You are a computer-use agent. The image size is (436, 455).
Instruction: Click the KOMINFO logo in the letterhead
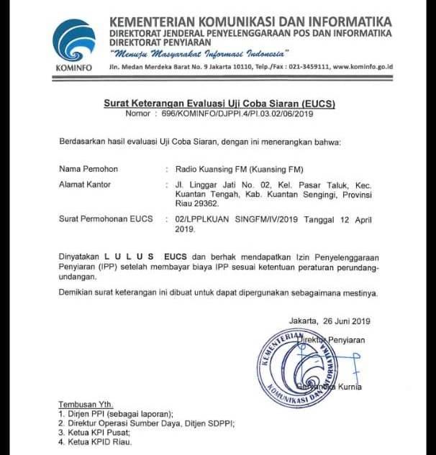click(74, 42)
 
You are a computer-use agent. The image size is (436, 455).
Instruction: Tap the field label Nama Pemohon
click(88, 169)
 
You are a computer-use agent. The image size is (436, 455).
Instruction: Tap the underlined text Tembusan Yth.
click(86, 405)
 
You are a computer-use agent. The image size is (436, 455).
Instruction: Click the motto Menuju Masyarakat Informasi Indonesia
click(199, 52)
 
